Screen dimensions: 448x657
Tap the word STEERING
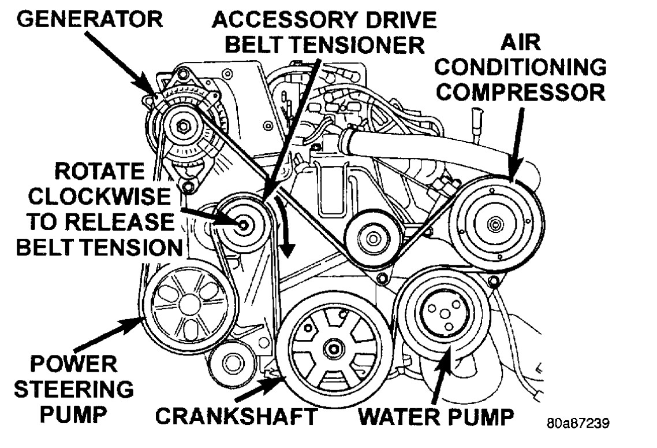(x=73, y=388)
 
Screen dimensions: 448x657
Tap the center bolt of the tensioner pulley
(x=244, y=225)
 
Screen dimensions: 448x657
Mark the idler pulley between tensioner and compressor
(x=370, y=237)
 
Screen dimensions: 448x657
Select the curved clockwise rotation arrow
(x=284, y=228)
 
